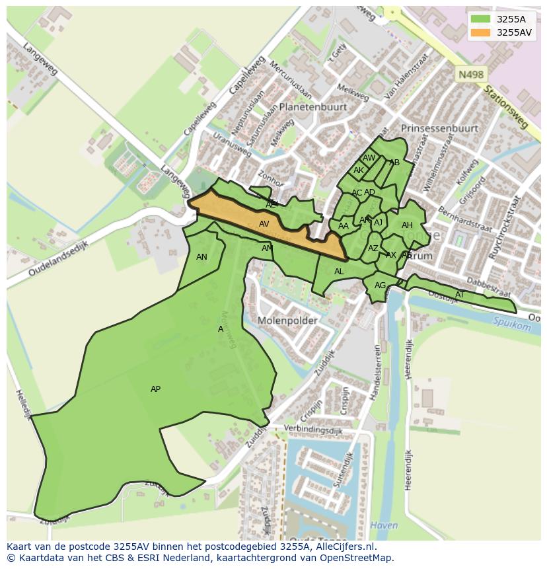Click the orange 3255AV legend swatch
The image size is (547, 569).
482,32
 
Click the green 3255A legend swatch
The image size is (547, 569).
482,19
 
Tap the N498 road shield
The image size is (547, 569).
470,75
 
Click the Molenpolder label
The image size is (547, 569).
287,321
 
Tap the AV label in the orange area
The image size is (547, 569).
264,224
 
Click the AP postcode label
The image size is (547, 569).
155,389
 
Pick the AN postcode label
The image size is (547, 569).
201,257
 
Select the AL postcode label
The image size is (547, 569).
339,272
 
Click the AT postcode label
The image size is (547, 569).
460,295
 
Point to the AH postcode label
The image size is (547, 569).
407,226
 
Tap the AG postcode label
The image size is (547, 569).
380,286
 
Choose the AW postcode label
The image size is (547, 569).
369,158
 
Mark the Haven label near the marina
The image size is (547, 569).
384,525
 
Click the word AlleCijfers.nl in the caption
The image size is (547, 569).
345,547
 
